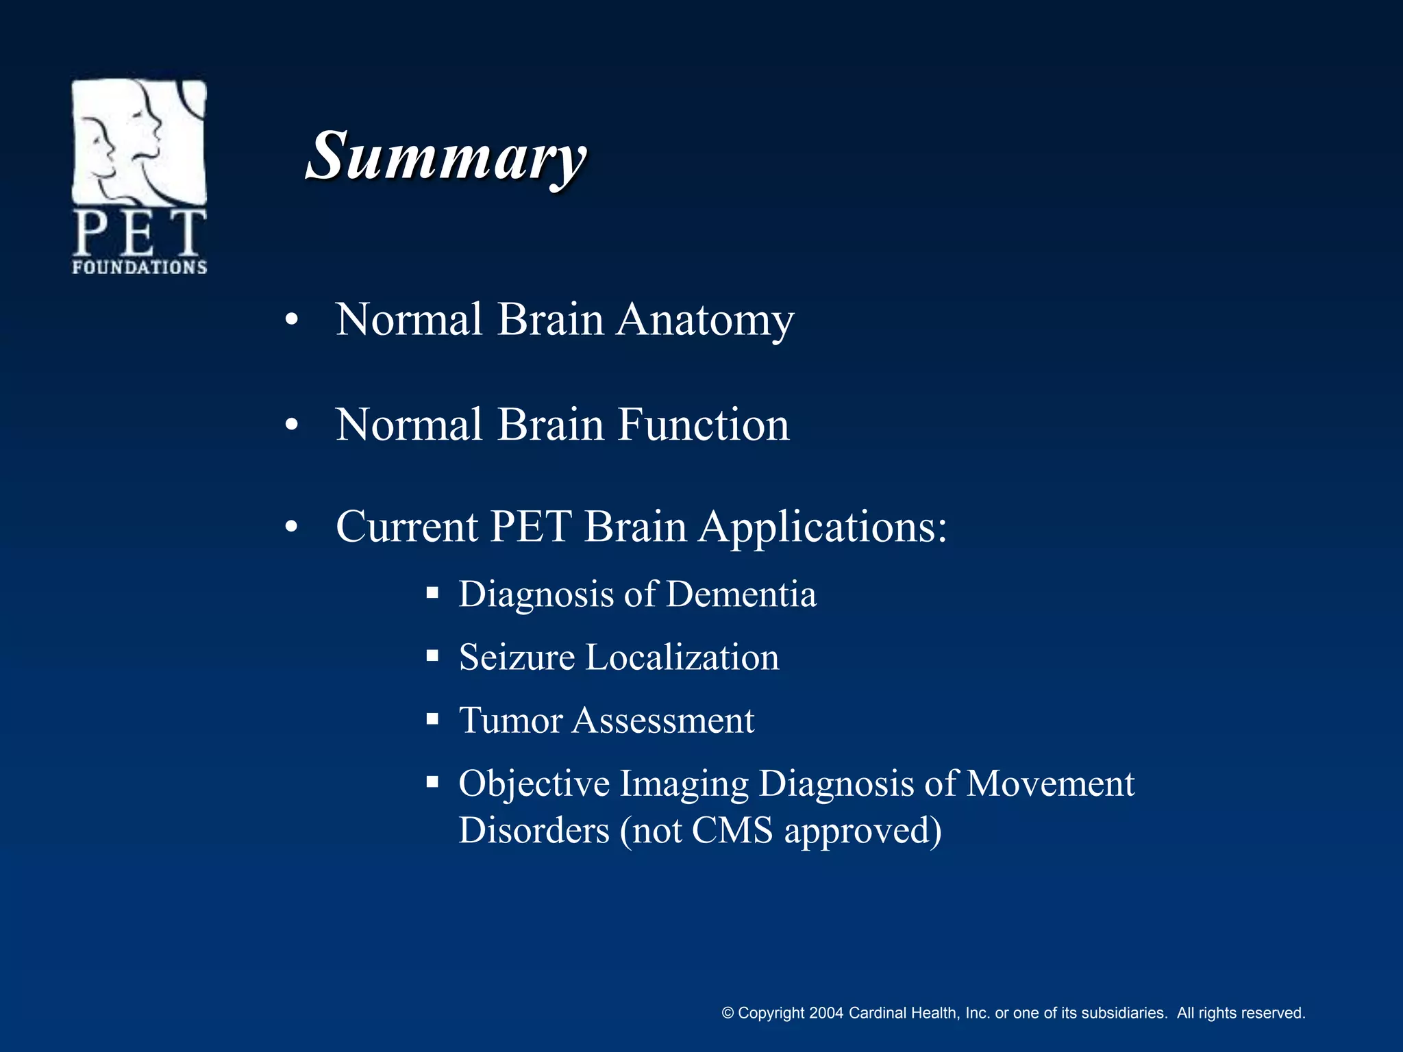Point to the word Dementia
[x=741, y=594]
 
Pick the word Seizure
[x=517, y=657]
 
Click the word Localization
[x=682, y=657]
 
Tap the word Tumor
[x=510, y=721]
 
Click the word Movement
[x=1050, y=784]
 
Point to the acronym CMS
[x=732, y=831]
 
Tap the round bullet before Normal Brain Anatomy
[x=292, y=321]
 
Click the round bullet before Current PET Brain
[x=292, y=527]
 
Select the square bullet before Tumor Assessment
[x=432, y=719]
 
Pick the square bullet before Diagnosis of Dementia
[x=432, y=592]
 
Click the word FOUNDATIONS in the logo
[x=140, y=267]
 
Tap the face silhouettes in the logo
[x=130, y=140]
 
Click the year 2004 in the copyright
[x=825, y=1013]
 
